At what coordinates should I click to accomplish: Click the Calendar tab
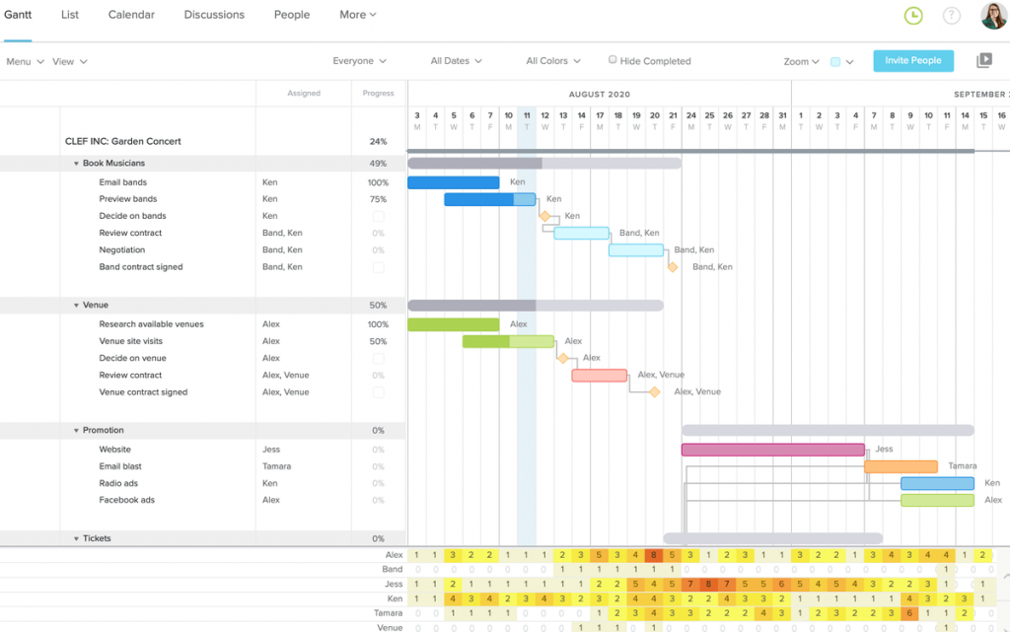[130, 15]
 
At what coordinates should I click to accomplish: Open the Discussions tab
[214, 15]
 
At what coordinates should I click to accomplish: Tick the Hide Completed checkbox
[613, 60]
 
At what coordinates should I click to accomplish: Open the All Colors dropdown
[552, 61]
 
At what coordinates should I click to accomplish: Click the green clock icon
[913, 16]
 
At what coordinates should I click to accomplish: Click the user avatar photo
[992, 16]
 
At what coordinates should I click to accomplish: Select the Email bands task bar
[453, 182]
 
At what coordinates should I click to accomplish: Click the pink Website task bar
[772, 450]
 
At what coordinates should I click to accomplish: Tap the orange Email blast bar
[901, 466]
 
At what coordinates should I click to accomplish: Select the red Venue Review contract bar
[599, 376]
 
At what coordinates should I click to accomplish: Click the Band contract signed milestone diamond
[673, 267]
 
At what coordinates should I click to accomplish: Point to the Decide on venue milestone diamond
[563, 359]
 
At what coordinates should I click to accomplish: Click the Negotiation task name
[122, 250]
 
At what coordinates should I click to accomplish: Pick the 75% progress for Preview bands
[378, 199]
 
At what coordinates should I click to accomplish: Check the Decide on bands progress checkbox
[378, 217]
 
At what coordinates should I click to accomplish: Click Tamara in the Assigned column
[277, 466]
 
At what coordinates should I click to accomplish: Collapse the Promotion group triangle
[76, 431]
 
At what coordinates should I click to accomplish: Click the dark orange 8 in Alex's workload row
[653, 555]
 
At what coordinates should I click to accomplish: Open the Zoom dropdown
[801, 61]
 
